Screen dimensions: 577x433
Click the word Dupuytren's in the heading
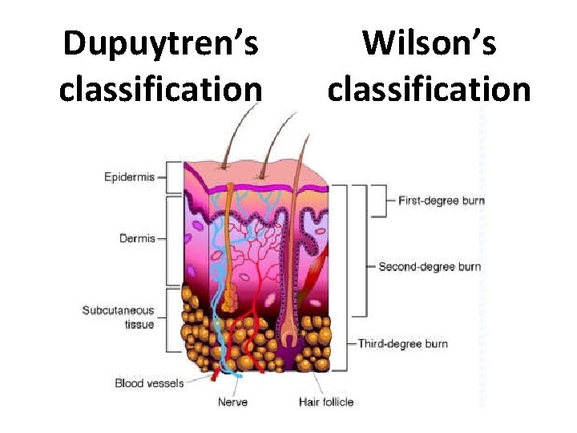coord(160,43)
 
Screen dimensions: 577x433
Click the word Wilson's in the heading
coord(429,43)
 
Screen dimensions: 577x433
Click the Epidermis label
coord(129,176)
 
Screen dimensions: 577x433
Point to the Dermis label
coord(137,238)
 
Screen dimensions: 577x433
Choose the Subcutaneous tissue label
coord(118,318)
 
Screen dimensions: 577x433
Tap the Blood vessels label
coord(149,383)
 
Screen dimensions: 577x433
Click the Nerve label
coord(232,402)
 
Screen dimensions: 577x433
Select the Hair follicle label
coord(326,402)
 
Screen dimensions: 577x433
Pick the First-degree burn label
coord(441,200)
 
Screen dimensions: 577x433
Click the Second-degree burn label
coord(430,266)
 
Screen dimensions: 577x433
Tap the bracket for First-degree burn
coord(380,200)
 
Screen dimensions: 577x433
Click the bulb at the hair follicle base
coord(288,337)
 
